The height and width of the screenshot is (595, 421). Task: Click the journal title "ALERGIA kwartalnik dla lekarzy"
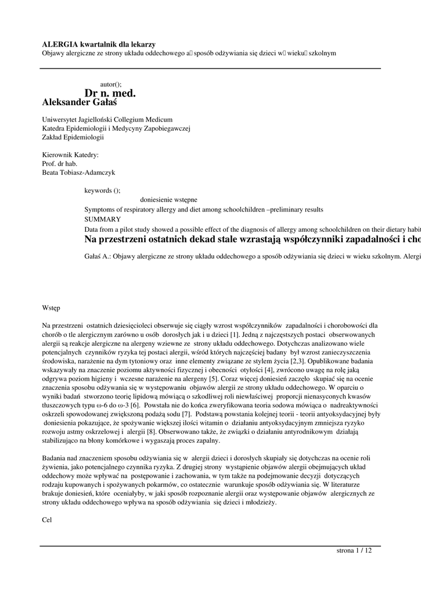click(x=99, y=44)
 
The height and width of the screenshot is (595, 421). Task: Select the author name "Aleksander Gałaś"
click(x=80, y=102)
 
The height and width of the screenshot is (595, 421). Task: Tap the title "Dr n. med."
click(x=110, y=93)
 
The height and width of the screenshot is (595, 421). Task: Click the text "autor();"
click(x=111, y=84)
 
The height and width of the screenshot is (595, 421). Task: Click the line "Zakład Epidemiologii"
click(x=73, y=137)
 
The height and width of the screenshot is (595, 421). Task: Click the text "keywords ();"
click(x=102, y=190)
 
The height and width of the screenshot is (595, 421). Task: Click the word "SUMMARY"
click(x=102, y=219)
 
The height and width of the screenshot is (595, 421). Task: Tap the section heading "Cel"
click(x=47, y=520)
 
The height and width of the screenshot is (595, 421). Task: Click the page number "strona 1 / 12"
click(x=354, y=550)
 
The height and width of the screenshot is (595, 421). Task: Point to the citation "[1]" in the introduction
click(x=235, y=335)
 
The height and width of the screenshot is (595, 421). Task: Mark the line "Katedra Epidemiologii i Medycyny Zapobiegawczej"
click(x=116, y=128)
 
